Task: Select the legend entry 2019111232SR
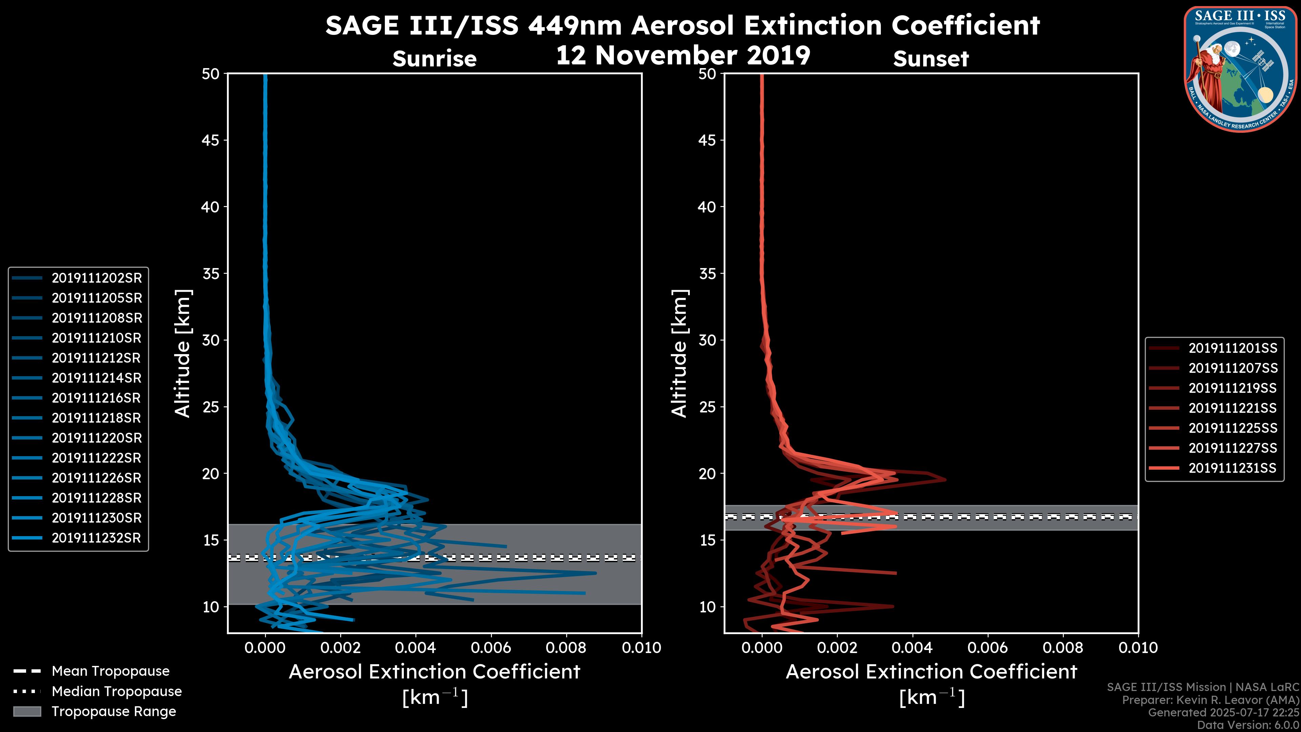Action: (x=96, y=538)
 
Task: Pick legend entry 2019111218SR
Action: (x=96, y=418)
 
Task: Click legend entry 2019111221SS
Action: (x=1232, y=408)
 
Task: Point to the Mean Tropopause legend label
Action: (x=110, y=671)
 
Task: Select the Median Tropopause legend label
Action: (x=117, y=692)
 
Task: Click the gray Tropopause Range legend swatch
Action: (x=27, y=711)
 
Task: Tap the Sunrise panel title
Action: (x=434, y=59)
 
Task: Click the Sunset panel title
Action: (x=931, y=59)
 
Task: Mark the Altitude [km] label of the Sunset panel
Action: (x=679, y=353)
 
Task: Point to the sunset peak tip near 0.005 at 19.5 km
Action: (x=945, y=480)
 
